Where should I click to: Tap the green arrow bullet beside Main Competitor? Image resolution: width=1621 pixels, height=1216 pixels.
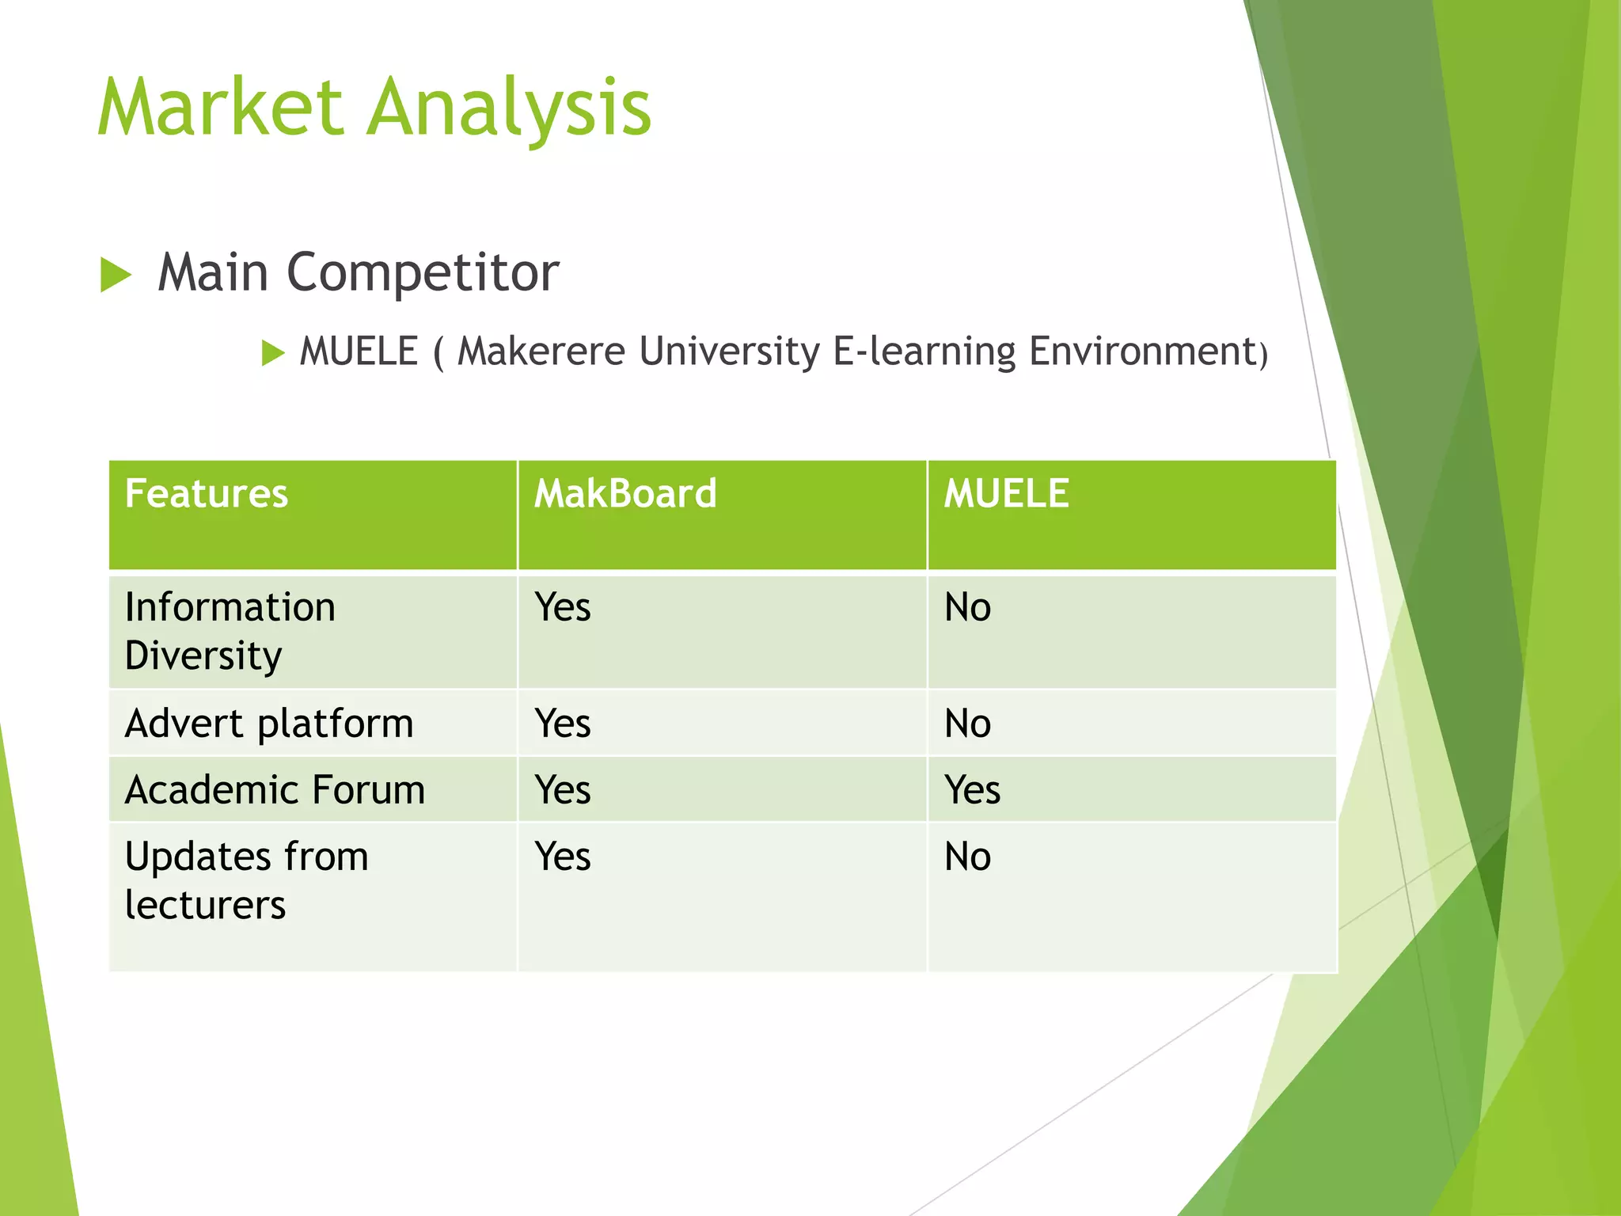click(x=116, y=275)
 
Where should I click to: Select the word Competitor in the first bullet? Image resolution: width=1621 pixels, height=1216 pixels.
click(x=423, y=272)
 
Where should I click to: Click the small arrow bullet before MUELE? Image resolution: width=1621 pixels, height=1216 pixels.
click(x=272, y=352)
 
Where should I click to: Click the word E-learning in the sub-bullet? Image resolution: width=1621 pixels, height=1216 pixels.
click(x=924, y=351)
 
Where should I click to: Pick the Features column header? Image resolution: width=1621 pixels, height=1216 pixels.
click(x=207, y=493)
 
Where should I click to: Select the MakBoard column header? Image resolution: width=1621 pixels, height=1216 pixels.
click(x=625, y=493)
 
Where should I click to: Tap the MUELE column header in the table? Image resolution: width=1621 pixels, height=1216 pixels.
click(x=1006, y=493)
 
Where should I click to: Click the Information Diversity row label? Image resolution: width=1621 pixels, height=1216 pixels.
click(x=230, y=631)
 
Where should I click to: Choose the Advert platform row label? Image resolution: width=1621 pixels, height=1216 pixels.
click(x=269, y=724)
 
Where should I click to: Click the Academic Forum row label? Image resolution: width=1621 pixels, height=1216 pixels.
click(x=275, y=790)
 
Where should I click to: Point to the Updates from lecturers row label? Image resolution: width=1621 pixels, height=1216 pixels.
click(x=246, y=880)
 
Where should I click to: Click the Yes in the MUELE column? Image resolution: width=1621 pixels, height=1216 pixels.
click(x=972, y=790)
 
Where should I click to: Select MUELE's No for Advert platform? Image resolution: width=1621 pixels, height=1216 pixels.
click(x=967, y=724)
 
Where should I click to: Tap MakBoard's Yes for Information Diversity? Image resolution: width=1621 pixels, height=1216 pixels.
click(x=562, y=608)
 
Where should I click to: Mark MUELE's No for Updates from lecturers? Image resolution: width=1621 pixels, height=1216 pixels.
click(x=967, y=857)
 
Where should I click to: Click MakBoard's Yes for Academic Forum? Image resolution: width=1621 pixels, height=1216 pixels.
click(x=562, y=790)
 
